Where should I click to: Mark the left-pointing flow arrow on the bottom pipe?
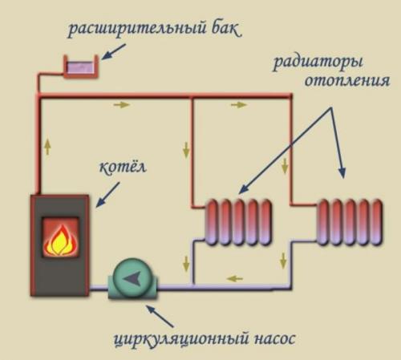(234, 279)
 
